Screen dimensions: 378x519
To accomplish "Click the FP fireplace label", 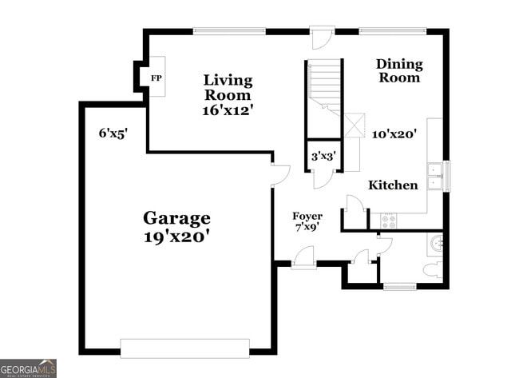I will coord(156,78).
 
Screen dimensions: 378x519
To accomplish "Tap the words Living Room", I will coord(228,88).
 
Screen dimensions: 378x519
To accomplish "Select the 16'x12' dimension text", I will coord(228,110).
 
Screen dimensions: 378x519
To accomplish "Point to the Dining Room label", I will coord(399,70).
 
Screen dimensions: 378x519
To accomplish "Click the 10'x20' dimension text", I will coord(394,134).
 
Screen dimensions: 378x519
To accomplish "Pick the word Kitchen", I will coord(392,185).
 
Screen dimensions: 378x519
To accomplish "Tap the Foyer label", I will coord(307,216).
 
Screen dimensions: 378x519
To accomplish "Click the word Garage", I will coord(176,217).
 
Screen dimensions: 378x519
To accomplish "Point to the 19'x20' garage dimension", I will coord(176,237).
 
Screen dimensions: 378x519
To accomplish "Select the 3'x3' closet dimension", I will coord(324,157).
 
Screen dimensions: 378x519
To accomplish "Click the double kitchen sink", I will coord(435,176).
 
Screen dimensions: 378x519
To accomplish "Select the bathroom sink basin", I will coord(435,243).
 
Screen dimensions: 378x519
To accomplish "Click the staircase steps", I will coord(325,84).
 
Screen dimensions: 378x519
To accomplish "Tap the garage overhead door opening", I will coord(184,348).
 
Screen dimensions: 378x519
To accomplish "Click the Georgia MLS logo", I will coord(29,368).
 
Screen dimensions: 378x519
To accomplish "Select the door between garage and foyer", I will coord(279,175).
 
